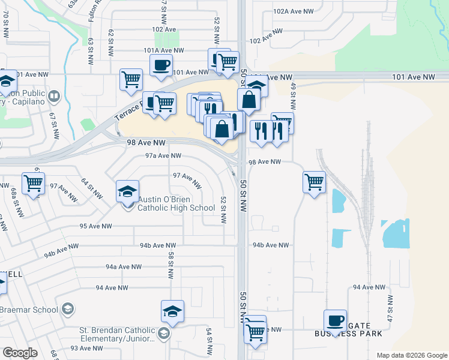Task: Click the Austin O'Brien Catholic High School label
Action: pyautogui.click(x=176, y=204)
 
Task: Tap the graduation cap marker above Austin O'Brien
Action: pyautogui.click(x=127, y=192)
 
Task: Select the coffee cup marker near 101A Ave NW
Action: pyautogui.click(x=161, y=66)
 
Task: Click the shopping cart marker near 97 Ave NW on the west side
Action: pyautogui.click(x=34, y=184)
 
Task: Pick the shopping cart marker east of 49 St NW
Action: pyautogui.click(x=315, y=182)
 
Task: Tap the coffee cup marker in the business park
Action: pyautogui.click(x=336, y=321)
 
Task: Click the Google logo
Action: pyautogui.click(x=20, y=353)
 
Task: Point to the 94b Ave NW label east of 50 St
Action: pyautogui.click(x=271, y=245)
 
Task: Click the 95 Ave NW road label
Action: pyautogui.click(x=95, y=226)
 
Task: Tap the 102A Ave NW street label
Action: pyautogui.click(x=294, y=11)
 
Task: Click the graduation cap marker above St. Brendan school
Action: pyautogui.click(x=172, y=312)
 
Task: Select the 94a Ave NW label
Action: pyautogui.click(x=123, y=266)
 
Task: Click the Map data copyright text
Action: pyautogui.click(x=412, y=355)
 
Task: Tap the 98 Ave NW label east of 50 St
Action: pyautogui.click(x=265, y=162)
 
